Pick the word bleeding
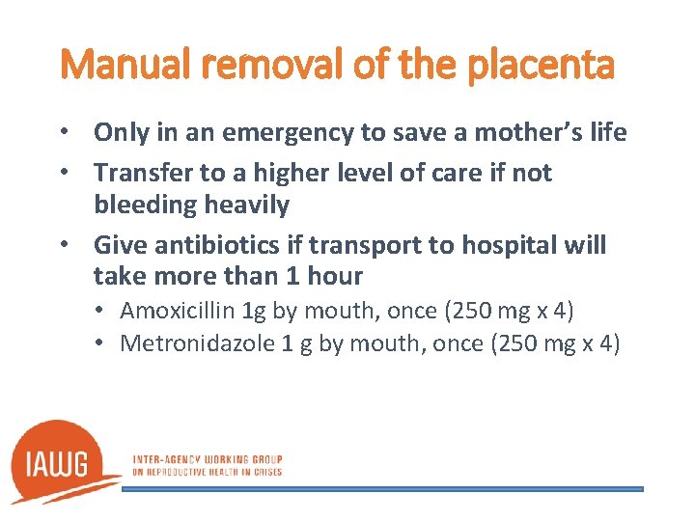(142, 205)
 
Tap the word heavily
(244, 205)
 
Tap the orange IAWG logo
(64, 461)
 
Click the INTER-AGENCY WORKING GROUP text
(206, 459)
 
